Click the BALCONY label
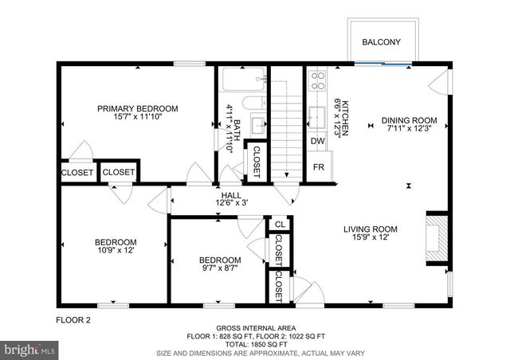click(380, 42)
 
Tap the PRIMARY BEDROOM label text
click(138, 109)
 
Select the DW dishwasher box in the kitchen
click(317, 142)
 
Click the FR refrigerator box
click(318, 167)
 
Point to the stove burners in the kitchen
click(316, 80)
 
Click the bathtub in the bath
click(243, 80)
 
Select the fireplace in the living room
click(435, 233)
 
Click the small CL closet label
click(279, 225)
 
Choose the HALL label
click(231, 195)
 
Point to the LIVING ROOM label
click(370, 229)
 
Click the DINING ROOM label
click(408, 121)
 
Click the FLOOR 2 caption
click(73, 320)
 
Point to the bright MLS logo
click(30, 349)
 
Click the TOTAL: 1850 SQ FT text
click(256, 343)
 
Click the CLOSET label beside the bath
click(257, 162)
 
